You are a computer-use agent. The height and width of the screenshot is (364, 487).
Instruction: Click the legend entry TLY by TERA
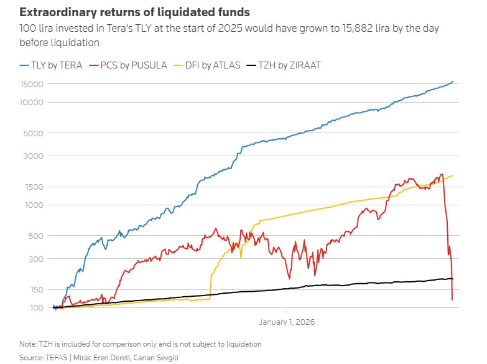coord(50,65)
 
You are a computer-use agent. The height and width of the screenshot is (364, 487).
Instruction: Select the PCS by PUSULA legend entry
coord(128,65)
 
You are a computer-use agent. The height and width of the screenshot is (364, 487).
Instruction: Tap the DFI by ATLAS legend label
coord(207,65)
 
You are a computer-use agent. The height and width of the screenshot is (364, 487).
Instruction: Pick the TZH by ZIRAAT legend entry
coord(283,65)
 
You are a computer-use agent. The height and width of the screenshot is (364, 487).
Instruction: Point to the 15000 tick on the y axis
coord(32,84)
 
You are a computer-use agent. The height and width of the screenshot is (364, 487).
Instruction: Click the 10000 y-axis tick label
coord(32,103)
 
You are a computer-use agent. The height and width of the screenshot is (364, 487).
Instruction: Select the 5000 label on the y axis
coord(33,133)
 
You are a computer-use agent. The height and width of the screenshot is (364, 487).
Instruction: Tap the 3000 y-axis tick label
coord(33,156)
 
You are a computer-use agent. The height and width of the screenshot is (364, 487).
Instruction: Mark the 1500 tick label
coord(34,187)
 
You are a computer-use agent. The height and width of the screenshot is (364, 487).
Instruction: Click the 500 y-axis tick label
coord(35,236)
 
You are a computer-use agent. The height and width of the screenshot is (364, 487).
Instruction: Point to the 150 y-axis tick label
coord(37,290)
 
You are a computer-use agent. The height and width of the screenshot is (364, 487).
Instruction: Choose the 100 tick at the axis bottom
coord(37,308)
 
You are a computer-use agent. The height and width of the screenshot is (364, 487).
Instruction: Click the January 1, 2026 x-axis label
coord(287,322)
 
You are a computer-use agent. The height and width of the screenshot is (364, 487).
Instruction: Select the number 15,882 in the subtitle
coord(358,28)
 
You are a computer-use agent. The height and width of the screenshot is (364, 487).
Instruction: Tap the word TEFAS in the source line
coord(57,358)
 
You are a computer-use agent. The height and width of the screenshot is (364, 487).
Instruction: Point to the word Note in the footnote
coord(27,344)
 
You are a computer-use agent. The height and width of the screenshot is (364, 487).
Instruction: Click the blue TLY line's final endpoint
coord(453,82)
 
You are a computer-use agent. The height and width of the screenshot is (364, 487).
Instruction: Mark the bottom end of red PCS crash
coord(452,300)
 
